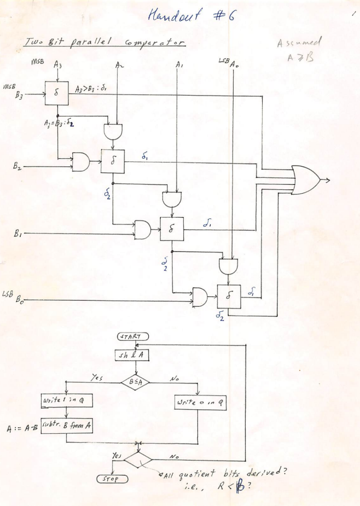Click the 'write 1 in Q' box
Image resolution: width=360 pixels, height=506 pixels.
[67, 402]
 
